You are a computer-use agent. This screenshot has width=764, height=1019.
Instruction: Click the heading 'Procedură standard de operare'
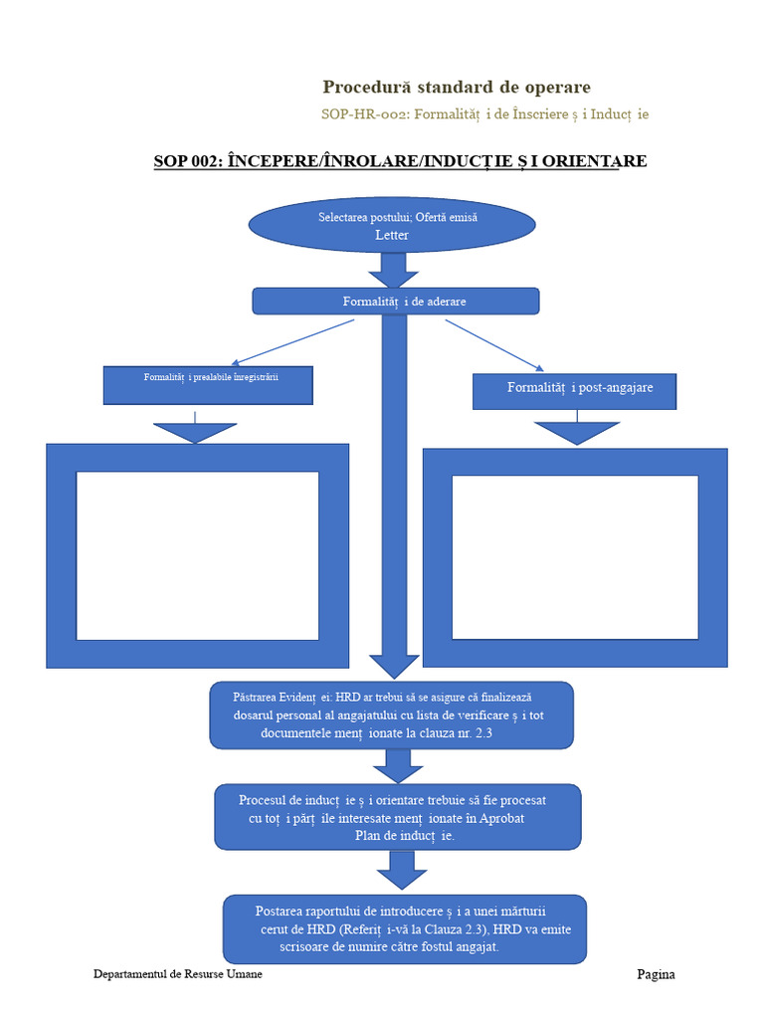tap(456, 88)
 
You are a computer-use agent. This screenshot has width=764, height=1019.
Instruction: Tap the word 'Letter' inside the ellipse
tap(392, 235)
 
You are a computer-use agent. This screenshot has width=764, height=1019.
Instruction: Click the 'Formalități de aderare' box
tap(396, 302)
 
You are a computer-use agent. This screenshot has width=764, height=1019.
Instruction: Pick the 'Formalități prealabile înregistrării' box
tap(208, 385)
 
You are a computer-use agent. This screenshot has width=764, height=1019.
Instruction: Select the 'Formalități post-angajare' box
tap(574, 391)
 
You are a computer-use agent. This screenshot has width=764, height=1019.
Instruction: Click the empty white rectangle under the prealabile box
tap(198, 555)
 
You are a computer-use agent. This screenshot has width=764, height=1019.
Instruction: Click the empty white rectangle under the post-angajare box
tap(575, 557)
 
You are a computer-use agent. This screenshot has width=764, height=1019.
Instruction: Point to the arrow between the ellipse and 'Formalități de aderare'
tap(393, 270)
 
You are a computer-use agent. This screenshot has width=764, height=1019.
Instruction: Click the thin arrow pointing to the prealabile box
tap(293, 342)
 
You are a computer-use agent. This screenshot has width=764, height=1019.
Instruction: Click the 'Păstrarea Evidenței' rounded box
tap(391, 715)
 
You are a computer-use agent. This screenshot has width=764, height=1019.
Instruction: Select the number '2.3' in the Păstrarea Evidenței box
tap(484, 733)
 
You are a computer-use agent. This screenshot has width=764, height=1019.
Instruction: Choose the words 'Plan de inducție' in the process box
tap(404, 836)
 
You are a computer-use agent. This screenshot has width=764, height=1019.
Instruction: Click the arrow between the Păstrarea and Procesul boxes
tap(398, 766)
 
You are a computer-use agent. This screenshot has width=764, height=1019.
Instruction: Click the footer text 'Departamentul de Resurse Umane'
tap(178, 974)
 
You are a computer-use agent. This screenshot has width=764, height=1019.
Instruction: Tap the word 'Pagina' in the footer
tap(656, 975)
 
